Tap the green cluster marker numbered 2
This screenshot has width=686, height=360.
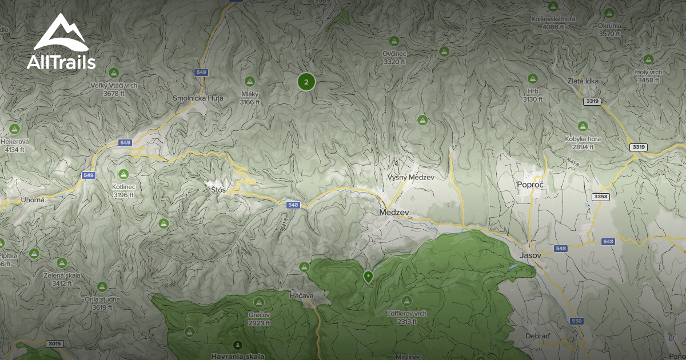(306, 82)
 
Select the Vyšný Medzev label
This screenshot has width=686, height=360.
(411, 177)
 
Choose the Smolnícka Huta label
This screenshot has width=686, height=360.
(198, 98)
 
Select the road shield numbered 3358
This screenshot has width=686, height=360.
(601, 197)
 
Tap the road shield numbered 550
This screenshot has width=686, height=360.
(576, 321)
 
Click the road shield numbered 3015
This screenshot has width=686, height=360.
(55, 343)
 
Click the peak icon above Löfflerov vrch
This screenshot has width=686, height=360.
(406, 300)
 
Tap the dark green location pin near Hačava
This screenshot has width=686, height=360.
(368, 277)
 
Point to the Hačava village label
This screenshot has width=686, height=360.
(301, 295)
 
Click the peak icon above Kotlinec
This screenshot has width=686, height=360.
(123, 174)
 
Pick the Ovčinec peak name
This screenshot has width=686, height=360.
(394, 53)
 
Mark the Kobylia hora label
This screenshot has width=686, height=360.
(583, 139)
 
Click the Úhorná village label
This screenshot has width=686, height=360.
(33, 199)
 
